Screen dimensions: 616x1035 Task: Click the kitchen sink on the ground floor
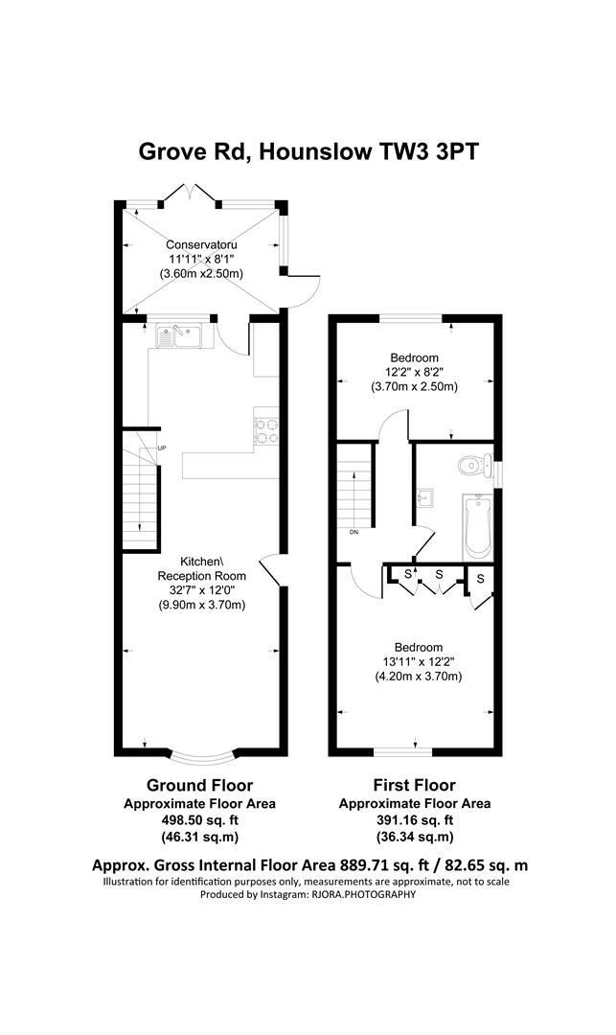(x=179, y=336)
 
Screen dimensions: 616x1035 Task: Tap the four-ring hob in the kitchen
(x=266, y=430)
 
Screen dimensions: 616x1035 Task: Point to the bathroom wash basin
(x=424, y=499)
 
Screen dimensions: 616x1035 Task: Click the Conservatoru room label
(x=201, y=244)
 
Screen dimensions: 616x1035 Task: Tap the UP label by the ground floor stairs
(x=162, y=448)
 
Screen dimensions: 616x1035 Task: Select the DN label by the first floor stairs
(x=354, y=532)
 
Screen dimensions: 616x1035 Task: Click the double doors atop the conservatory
(x=190, y=193)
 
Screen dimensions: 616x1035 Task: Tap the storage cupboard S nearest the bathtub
(x=480, y=579)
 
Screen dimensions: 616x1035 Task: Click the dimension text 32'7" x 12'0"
(x=201, y=589)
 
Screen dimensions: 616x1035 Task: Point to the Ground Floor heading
(x=199, y=786)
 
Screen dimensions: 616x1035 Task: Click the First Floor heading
(x=414, y=786)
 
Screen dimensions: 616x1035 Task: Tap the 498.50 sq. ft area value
(x=200, y=820)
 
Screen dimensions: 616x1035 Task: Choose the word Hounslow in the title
(x=314, y=151)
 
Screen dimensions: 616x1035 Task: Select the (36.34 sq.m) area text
(x=415, y=837)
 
